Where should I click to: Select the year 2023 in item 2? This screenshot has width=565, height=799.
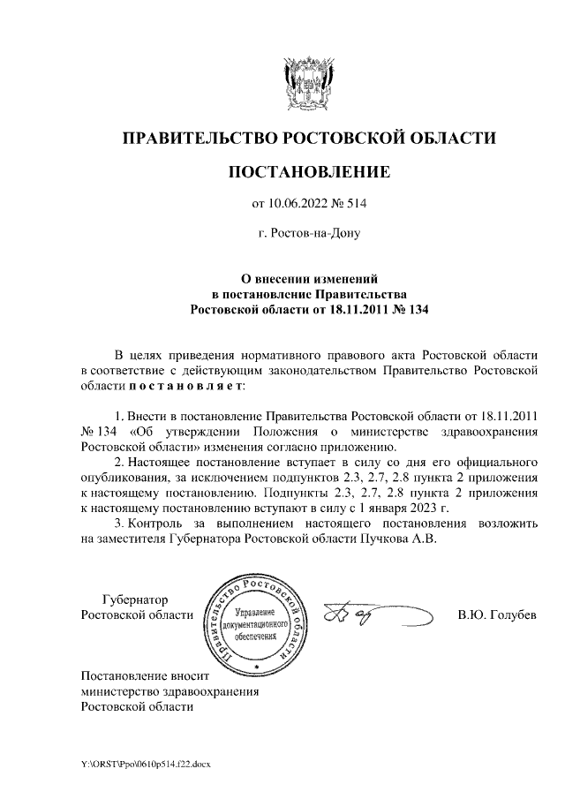426,509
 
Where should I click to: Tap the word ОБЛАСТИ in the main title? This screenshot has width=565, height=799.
452,138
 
